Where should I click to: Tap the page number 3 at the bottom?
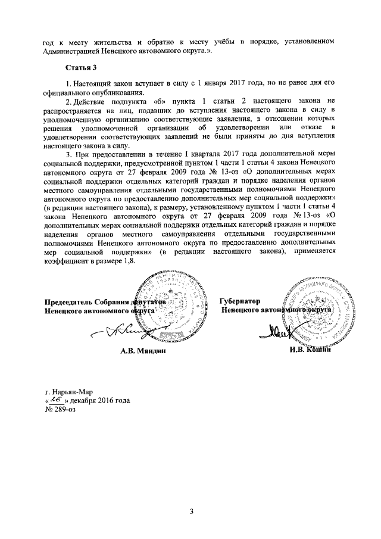(191, 511)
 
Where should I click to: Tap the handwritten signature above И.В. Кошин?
(286, 329)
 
